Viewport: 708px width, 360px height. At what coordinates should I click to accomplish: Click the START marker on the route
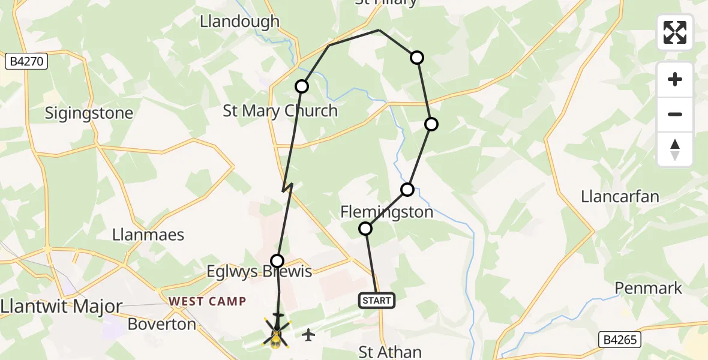pyautogui.click(x=377, y=301)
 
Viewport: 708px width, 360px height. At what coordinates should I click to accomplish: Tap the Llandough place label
pyautogui.click(x=239, y=22)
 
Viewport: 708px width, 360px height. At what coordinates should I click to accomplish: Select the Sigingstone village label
pyautogui.click(x=89, y=113)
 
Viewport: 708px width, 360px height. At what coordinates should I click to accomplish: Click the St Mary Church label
pyautogui.click(x=280, y=111)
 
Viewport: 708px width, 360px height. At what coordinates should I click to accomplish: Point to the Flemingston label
pyautogui.click(x=386, y=212)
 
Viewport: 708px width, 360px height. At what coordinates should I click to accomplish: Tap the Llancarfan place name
pyautogui.click(x=620, y=196)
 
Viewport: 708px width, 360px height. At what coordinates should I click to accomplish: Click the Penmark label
pyautogui.click(x=649, y=289)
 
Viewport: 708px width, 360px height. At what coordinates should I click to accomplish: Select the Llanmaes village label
pyautogui.click(x=148, y=235)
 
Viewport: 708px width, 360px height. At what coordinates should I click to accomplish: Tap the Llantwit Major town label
pyautogui.click(x=61, y=307)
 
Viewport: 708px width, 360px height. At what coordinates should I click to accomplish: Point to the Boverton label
pyautogui.click(x=162, y=325)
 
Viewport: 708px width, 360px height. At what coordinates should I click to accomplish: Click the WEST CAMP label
pyautogui.click(x=208, y=301)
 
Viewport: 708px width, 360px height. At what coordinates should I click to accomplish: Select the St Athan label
pyautogui.click(x=390, y=352)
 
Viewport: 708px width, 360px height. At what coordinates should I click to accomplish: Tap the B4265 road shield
pyautogui.click(x=619, y=340)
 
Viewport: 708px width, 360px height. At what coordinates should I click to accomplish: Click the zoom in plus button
pyautogui.click(x=675, y=80)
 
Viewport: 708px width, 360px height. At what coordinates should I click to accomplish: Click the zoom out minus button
pyautogui.click(x=675, y=115)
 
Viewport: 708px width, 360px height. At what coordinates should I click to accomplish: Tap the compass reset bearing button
pyautogui.click(x=675, y=149)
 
